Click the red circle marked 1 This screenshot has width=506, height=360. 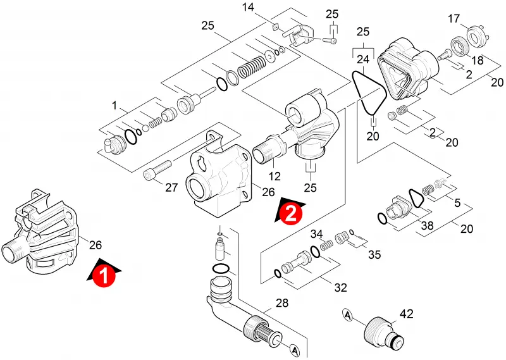(x=104, y=275)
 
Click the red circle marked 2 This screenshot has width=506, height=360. (x=291, y=213)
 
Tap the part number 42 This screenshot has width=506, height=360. (x=406, y=314)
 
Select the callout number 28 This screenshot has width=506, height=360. (x=281, y=303)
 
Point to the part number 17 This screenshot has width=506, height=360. (x=454, y=19)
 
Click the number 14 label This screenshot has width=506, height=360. (x=248, y=7)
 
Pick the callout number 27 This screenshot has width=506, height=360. (x=171, y=187)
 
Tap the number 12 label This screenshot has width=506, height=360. (x=275, y=177)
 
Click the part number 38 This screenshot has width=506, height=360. (x=428, y=225)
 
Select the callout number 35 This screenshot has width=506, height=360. (x=374, y=255)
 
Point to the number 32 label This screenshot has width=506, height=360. (x=340, y=287)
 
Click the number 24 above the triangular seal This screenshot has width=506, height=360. (x=363, y=59)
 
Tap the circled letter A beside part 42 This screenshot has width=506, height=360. (x=347, y=314)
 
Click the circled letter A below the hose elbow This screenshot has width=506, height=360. (x=294, y=349)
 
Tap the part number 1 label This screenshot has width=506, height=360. (x=114, y=106)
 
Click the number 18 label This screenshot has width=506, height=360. (x=478, y=60)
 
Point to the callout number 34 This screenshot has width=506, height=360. (x=317, y=233)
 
